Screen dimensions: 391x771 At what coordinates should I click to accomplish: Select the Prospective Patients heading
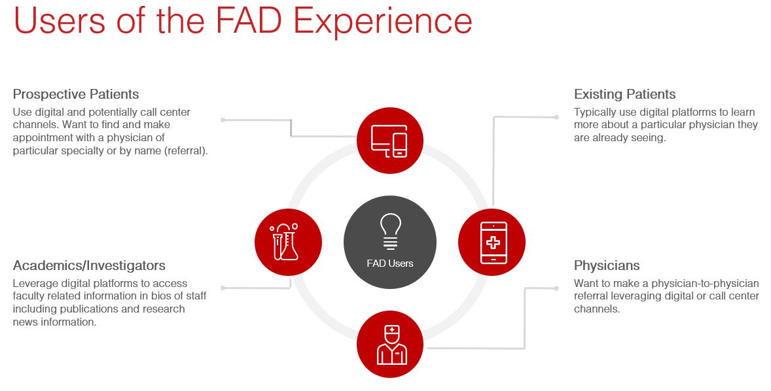tap(76, 94)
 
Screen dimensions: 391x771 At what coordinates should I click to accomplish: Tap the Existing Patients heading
tap(624, 94)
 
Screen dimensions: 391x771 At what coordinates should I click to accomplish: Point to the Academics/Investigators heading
tap(89, 265)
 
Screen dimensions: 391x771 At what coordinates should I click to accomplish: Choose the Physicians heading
tap(607, 265)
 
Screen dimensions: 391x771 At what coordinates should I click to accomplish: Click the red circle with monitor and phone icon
tap(389, 141)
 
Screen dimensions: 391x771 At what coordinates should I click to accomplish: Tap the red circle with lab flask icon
tap(288, 242)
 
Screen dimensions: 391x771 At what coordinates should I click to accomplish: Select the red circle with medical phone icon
tap(492, 243)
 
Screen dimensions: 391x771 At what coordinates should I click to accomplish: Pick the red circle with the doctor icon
tap(390, 345)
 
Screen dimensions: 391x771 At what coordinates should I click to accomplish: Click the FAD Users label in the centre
tap(390, 263)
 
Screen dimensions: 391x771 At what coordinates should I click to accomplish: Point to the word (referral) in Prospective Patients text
tap(186, 150)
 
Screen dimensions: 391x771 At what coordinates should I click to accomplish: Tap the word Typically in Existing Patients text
tap(596, 112)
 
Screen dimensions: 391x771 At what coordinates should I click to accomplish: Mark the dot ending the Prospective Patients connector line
tap(223, 120)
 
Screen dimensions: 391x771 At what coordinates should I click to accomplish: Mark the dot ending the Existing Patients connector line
tap(556, 118)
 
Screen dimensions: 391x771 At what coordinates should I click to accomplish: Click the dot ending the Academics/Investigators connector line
tap(223, 288)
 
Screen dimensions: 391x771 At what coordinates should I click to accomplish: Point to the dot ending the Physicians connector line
tap(556, 288)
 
